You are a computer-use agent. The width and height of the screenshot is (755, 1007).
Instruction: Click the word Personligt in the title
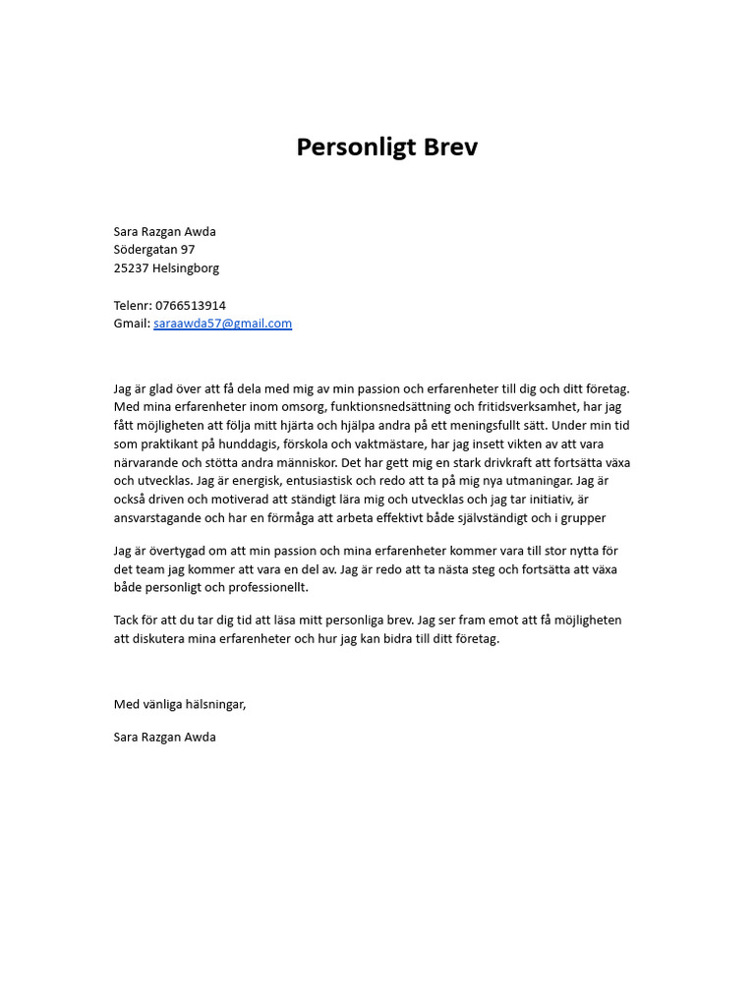pyautogui.click(x=358, y=148)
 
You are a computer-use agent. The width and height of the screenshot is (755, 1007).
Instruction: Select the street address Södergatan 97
pyautogui.click(x=154, y=250)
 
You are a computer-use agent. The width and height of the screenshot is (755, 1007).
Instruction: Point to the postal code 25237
pyautogui.click(x=131, y=268)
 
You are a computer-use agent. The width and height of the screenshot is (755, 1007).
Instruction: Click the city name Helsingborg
pyautogui.click(x=186, y=268)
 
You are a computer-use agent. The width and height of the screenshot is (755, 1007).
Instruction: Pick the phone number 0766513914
pyautogui.click(x=191, y=306)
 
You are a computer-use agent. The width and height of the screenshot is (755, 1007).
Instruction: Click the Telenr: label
pyautogui.click(x=133, y=306)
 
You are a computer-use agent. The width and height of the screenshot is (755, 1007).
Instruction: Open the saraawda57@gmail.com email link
pyautogui.click(x=222, y=324)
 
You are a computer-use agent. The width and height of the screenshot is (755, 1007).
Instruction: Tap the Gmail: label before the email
pyautogui.click(x=132, y=324)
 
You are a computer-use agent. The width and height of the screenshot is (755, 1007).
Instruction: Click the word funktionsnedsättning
pyautogui.click(x=385, y=407)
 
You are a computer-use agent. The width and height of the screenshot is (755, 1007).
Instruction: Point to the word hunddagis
pyautogui.click(x=236, y=444)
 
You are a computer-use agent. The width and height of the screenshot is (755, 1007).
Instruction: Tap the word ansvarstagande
pyautogui.click(x=162, y=518)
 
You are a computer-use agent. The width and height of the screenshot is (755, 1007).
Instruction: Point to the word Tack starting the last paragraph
pyautogui.click(x=127, y=621)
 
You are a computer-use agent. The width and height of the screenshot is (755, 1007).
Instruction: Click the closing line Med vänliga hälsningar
pyautogui.click(x=180, y=704)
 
